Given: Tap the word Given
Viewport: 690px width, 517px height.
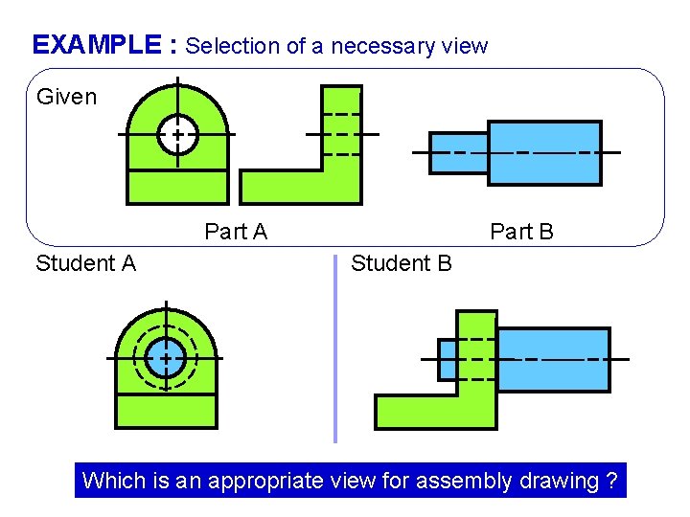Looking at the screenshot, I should click(x=66, y=97).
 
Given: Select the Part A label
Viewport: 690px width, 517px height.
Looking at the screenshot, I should click(x=236, y=232).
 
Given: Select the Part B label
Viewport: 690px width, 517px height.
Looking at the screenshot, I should click(x=521, y=232).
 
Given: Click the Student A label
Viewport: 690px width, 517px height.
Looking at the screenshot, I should click(x=85, y=263).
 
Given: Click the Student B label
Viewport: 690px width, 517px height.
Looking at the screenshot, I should click(x=401, y=263).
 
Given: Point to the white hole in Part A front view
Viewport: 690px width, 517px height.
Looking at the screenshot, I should click(x=177, y=135).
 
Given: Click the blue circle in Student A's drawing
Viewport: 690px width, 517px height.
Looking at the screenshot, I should click(x=166, y=357).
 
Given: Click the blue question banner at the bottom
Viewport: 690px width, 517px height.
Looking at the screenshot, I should click(x=350, y=480).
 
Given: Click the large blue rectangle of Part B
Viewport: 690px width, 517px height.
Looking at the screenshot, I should click(x=544, y=152).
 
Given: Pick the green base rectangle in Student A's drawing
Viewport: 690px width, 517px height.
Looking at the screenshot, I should click(x=166, y=410).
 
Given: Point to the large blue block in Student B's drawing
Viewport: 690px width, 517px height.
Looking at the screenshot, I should click(x=553, y=359).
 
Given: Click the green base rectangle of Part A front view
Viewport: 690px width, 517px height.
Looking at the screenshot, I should click(x=177, y=186).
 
